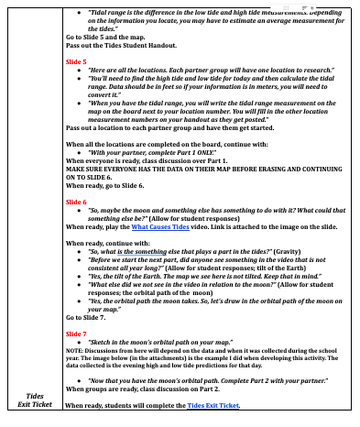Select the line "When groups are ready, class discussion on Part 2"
[152, 389]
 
